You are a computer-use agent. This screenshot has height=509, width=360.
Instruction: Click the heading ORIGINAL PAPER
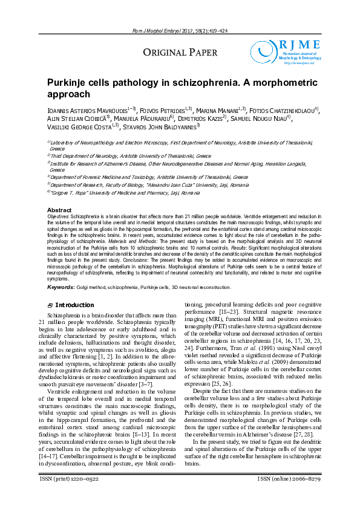180,53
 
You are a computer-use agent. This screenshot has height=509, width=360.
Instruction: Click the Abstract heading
60,210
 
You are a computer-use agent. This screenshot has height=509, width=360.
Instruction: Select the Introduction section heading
74,305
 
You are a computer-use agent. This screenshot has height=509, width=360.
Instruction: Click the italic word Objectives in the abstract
58,216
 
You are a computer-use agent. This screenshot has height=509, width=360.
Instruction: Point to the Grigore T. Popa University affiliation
125,192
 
